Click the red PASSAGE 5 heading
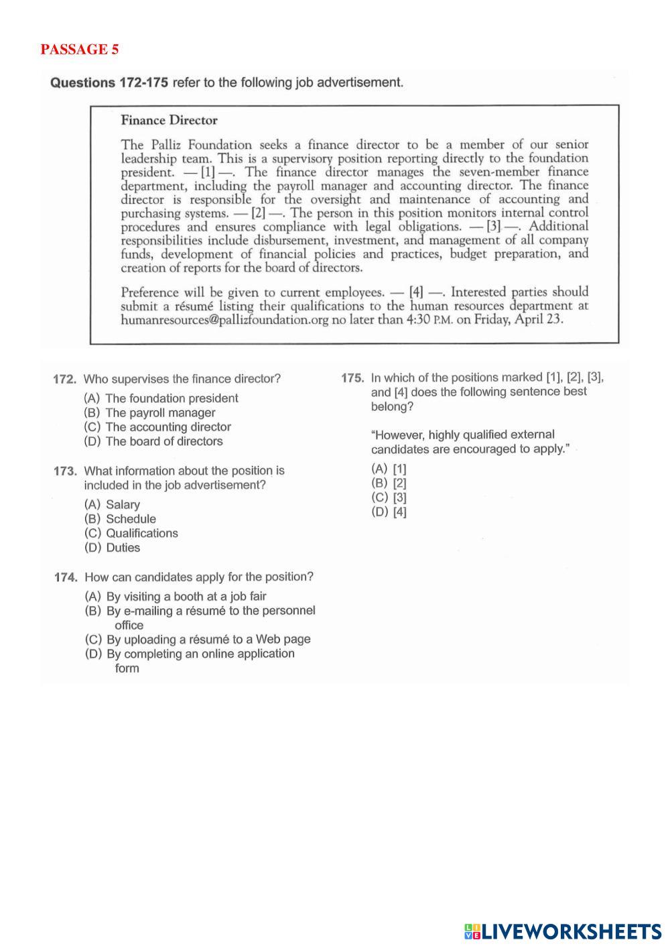point(79,50)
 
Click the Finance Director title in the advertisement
point(169,121)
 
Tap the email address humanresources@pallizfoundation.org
point(224,320)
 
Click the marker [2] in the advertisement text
point(258,213)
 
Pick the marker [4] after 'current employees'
point(416,292)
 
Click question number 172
point(66,379)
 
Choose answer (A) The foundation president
point(161,398)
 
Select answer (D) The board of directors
point(153,441)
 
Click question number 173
point(66,471)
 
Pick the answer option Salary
point(112,505)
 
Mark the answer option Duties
point(112,548)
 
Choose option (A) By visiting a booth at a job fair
point(176,597)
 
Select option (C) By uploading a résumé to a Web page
point(198,640)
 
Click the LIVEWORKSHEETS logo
point(562,931)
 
